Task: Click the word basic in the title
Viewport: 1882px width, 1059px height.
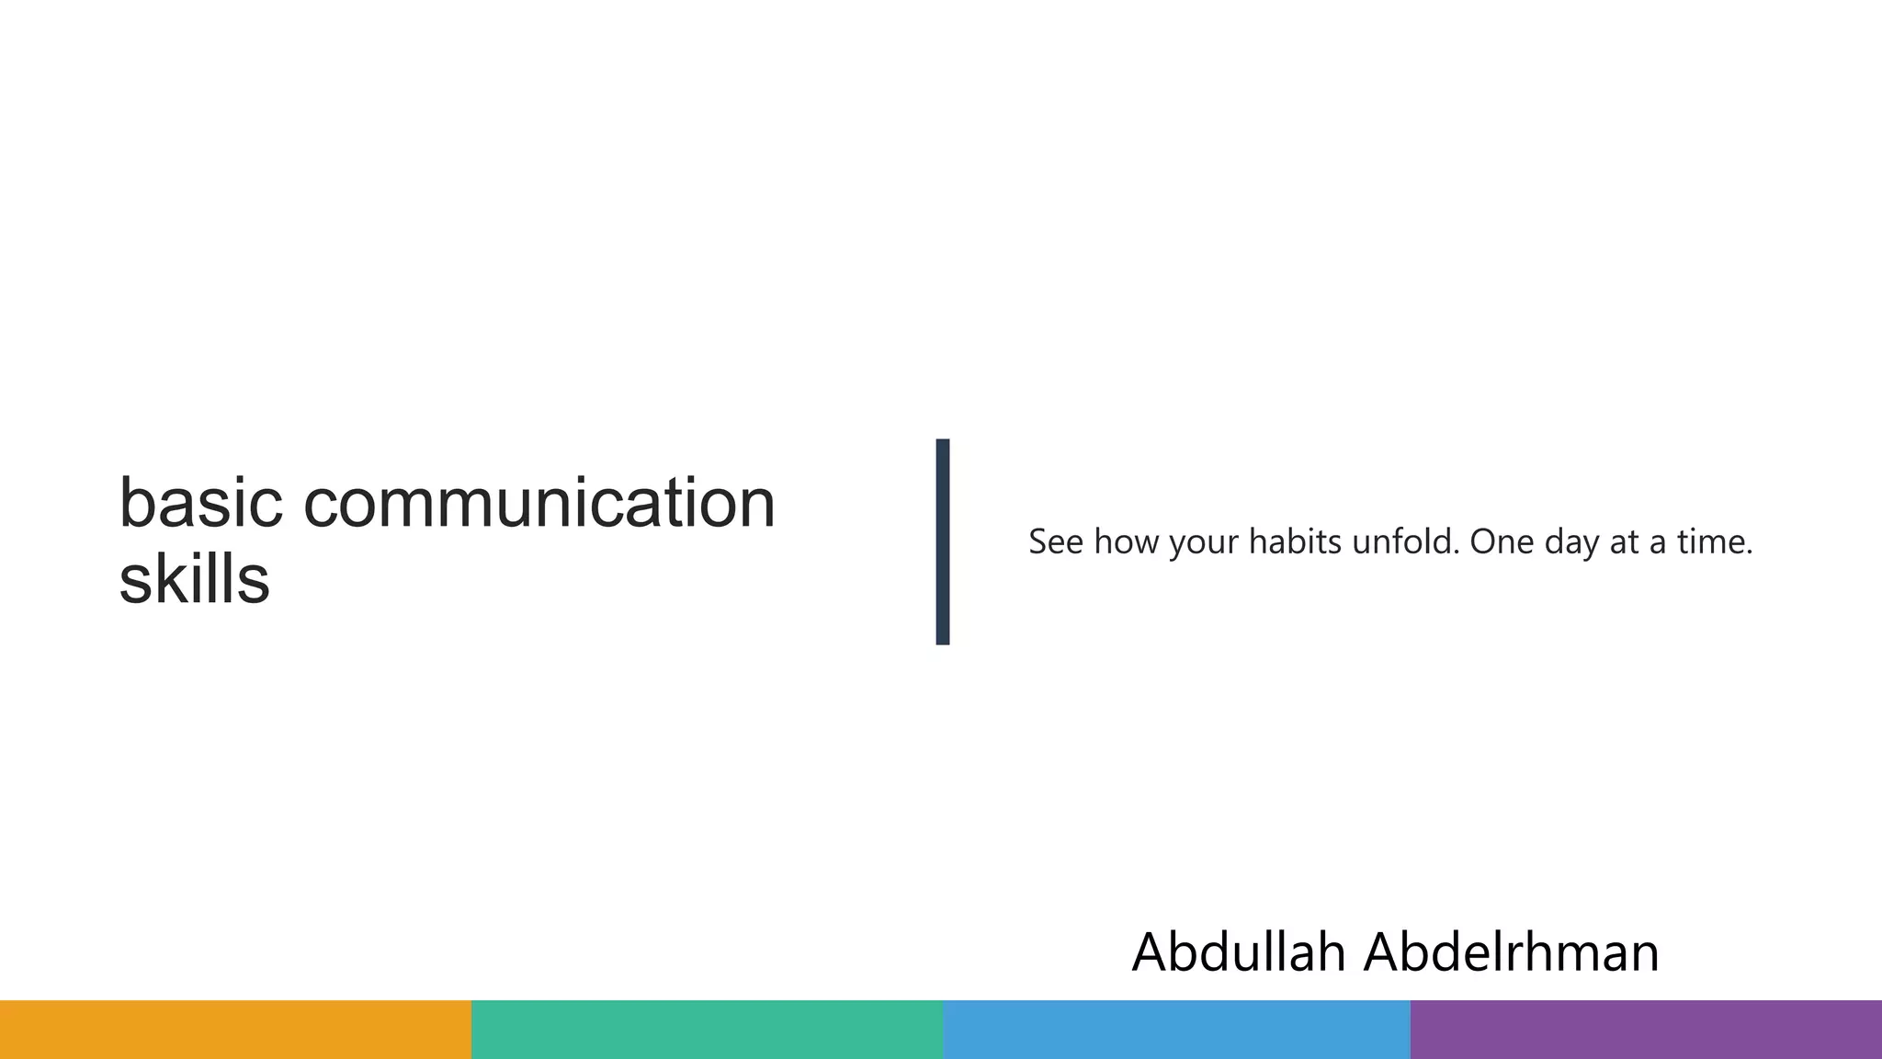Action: [200, 504]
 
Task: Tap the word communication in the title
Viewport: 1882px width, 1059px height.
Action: [539, 504]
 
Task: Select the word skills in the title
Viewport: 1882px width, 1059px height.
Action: [194, 580]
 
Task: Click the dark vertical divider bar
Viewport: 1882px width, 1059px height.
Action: [942, 541]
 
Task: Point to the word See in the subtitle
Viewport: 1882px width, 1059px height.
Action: [1055, 542]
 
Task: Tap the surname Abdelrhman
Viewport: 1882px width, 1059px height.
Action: [1512, 952]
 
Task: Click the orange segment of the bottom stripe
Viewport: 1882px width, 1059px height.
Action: [235, 1030]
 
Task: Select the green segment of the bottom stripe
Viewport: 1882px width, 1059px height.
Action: [707, 1030]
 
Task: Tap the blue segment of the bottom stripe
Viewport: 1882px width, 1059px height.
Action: [1176, 1030]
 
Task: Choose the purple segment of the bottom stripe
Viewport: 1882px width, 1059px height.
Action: [1646, 1030]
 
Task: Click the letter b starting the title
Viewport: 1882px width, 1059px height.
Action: [136, 504]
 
